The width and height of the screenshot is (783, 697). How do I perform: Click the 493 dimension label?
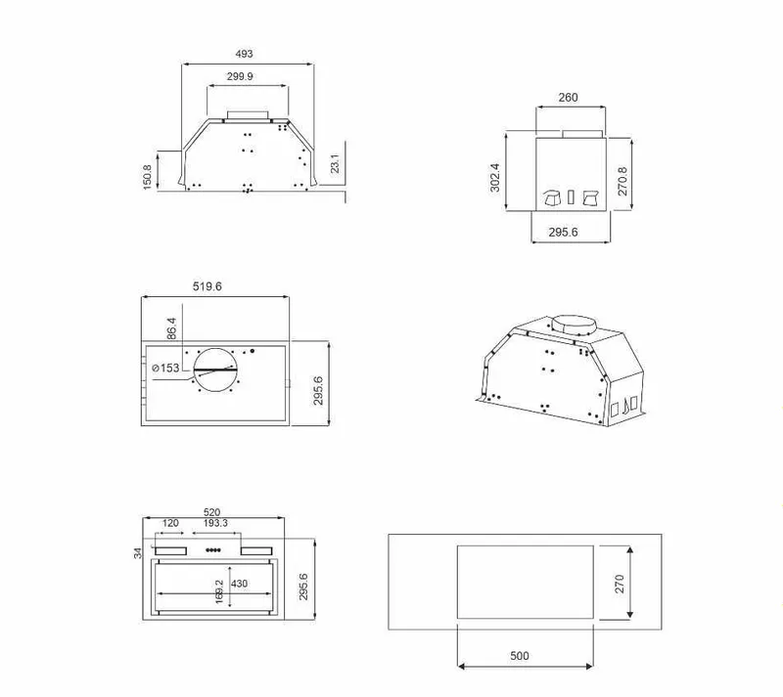[244, 54]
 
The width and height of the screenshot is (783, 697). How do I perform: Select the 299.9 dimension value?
[240, 76]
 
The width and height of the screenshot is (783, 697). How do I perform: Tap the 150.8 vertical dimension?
[147, 177]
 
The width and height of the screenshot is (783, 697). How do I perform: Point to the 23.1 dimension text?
[335, 163]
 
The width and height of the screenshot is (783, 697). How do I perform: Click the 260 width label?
[568, 98]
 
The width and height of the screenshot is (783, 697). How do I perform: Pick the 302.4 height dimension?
[494, 177]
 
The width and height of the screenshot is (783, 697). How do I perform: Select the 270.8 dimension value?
[622, 181]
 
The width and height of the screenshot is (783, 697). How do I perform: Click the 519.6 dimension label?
[207, 286]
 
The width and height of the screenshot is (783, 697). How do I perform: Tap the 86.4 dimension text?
[171, 328]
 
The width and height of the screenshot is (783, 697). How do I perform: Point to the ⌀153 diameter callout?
[165, 368]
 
